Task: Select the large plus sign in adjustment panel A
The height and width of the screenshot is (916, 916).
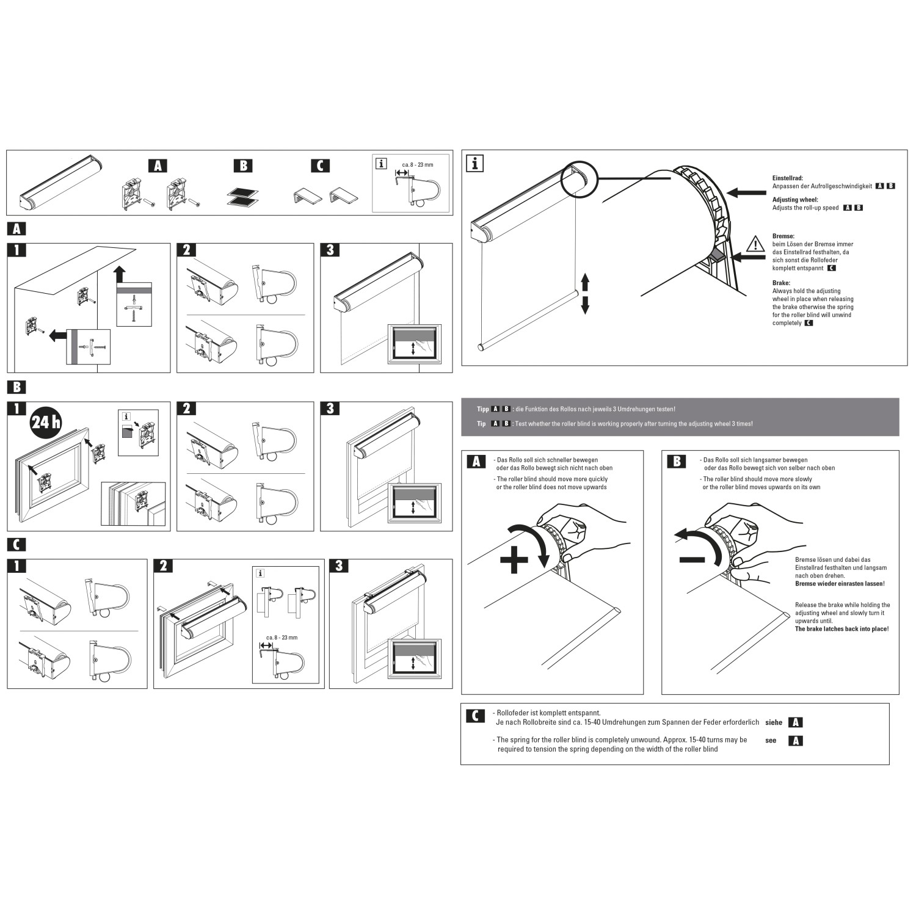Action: click(514, 559)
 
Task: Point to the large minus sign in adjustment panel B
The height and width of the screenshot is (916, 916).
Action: click(692, 559)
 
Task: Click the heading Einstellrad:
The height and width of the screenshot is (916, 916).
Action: click(787, 178)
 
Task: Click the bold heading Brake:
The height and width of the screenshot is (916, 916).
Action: click(781, 283)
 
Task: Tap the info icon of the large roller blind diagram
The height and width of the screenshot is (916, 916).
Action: click(474, 163)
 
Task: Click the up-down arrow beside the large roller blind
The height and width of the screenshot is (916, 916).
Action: click(584, 294)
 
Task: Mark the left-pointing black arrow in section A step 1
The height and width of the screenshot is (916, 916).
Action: click(58, 335)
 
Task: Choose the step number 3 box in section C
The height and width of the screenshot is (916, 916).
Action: click(339, 565)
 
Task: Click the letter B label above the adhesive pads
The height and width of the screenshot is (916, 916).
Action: click(242, 165)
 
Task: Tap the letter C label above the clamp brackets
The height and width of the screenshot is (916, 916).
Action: click(319, 165)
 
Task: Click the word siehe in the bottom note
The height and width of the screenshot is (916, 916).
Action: click(773, 722)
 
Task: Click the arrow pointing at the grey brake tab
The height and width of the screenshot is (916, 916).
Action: click(748, 258)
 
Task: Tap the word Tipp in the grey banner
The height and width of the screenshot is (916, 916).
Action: click(482, 409)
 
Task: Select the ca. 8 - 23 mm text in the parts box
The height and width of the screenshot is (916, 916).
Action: click(417, 165)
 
